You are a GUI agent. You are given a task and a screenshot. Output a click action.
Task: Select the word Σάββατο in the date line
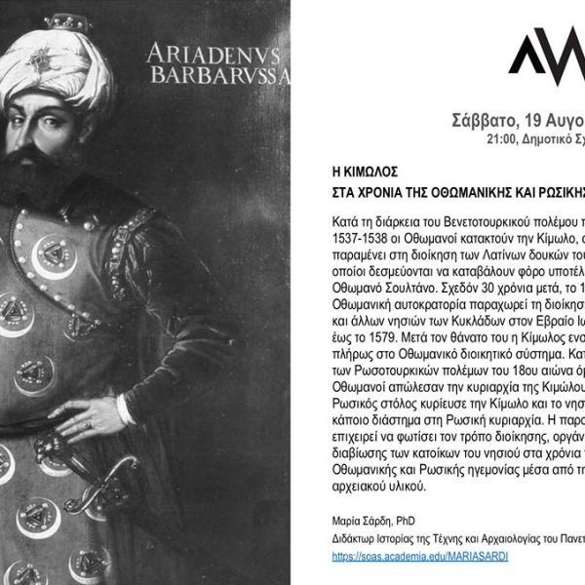tap(487, 122)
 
